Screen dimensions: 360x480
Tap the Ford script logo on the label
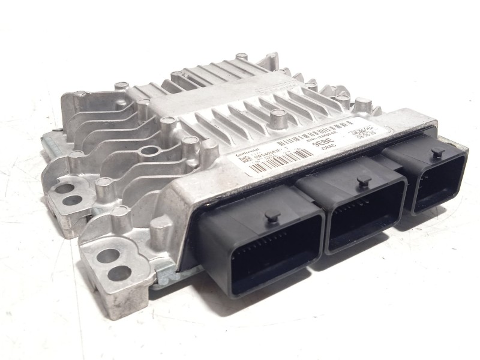pos(350,128)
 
